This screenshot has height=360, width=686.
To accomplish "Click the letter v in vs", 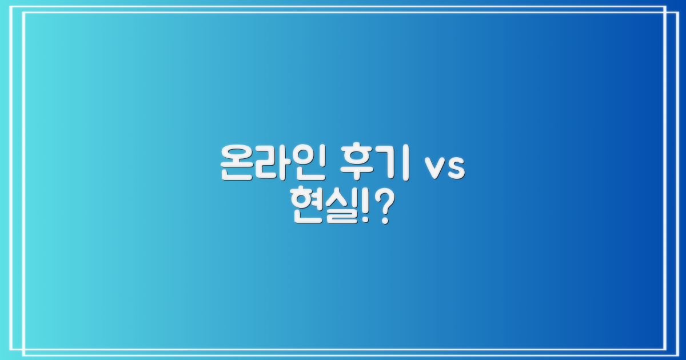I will (x=433, y=168).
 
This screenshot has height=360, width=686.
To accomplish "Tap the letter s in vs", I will (x=455, y=168).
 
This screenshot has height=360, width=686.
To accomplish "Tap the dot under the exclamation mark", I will (x=364, y=221).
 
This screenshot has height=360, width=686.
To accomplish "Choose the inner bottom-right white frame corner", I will (x=665, y=349).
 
